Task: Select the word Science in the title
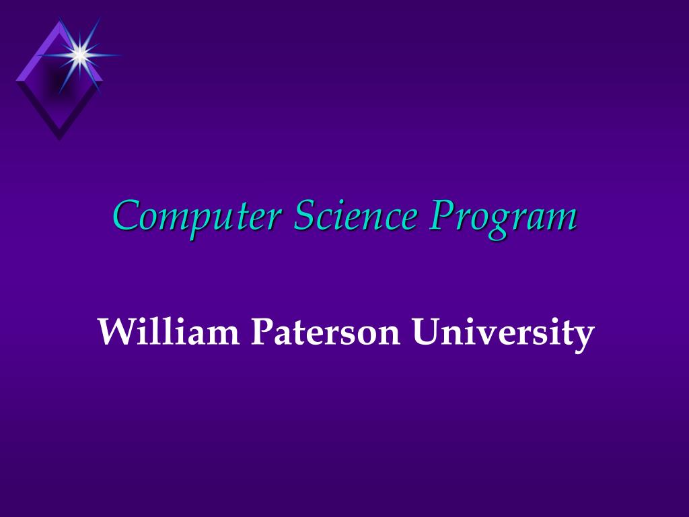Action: [x=355, y=215]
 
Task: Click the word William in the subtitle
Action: [x=169, y=331]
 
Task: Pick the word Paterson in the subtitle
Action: [x=325, y=331]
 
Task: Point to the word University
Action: [x=503, y=334]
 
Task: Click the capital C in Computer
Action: [x=128, y=215]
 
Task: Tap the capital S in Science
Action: [x=305, y=215]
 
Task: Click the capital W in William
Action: [x=116, y=331]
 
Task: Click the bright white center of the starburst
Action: [x=80, y=55]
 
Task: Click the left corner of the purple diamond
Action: [x=16, y=81]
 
